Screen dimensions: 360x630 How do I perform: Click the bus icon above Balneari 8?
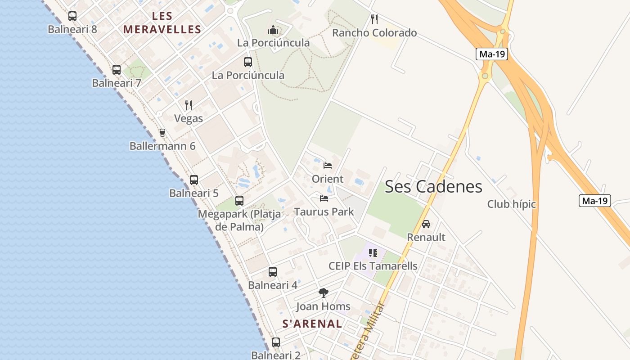(72, 16)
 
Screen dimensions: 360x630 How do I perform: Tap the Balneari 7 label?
(117, 83)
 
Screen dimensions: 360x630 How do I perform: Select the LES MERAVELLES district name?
(162, 23)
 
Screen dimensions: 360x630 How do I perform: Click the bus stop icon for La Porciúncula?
(248, 62)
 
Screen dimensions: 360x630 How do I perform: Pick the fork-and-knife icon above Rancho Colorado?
(374, 19)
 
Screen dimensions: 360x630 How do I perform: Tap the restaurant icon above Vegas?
(189, 105)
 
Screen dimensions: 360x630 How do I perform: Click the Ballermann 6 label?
(162, 146)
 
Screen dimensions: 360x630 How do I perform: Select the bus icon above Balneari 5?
(194, 180)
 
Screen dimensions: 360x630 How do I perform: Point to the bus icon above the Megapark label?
(239, 201)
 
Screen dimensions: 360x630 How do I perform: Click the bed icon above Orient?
(328, 166)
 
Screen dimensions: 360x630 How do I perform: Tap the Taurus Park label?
(324, 211)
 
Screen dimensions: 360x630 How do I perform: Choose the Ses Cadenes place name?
(433, 187)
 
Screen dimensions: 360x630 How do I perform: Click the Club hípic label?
(512, 204)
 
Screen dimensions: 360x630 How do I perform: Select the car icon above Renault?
(426, 224)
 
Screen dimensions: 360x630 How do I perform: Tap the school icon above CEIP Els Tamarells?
(373, 253)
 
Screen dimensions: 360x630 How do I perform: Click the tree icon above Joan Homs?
(323, 293)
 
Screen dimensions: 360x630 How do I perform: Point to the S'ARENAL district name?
(312, 324)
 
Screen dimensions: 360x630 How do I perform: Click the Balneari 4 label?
(273, 285)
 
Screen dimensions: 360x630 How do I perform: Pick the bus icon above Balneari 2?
(276, 342)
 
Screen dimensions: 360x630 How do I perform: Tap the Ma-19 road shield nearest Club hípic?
(594, 201)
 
